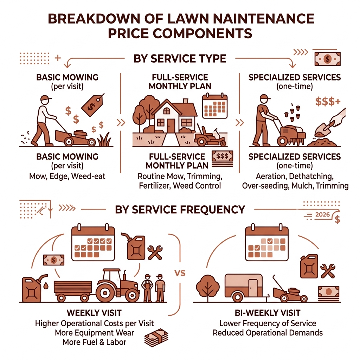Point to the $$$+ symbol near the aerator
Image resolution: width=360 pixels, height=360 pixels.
tap(327, 102)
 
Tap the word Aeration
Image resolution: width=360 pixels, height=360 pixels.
tap(266, 176)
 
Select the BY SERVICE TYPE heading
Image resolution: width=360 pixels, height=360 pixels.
tap(180, 58)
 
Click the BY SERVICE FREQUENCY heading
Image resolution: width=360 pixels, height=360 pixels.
tap(180, 210)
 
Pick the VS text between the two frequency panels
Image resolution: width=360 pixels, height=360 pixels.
tap(180, 273)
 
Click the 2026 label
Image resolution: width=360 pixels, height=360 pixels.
tap(323, 215)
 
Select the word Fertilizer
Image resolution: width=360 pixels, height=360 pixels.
tap(154, 186)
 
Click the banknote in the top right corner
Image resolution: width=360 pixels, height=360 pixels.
tap(327, 59)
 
